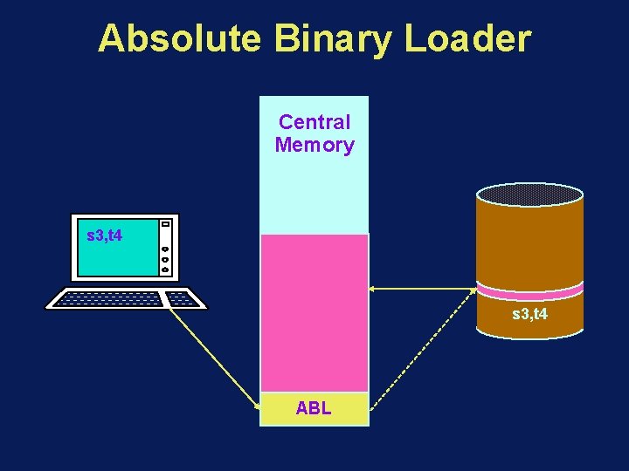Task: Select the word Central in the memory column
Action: click(x=314, y=123)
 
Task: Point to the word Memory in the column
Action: click(x=314, y=145)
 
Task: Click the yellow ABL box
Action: click(x=314, y=408)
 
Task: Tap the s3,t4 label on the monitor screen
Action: click(x=105, y=235)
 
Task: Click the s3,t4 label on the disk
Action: click(x=529, y=313)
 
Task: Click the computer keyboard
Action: click(x=126, y=298)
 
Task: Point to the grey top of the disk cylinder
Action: click(x=529, y=194)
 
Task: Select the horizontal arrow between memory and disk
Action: click(x=423, y=288)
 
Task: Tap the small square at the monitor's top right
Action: click(x=165, y=223)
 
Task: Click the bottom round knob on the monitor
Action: click(x=165, y=270)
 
